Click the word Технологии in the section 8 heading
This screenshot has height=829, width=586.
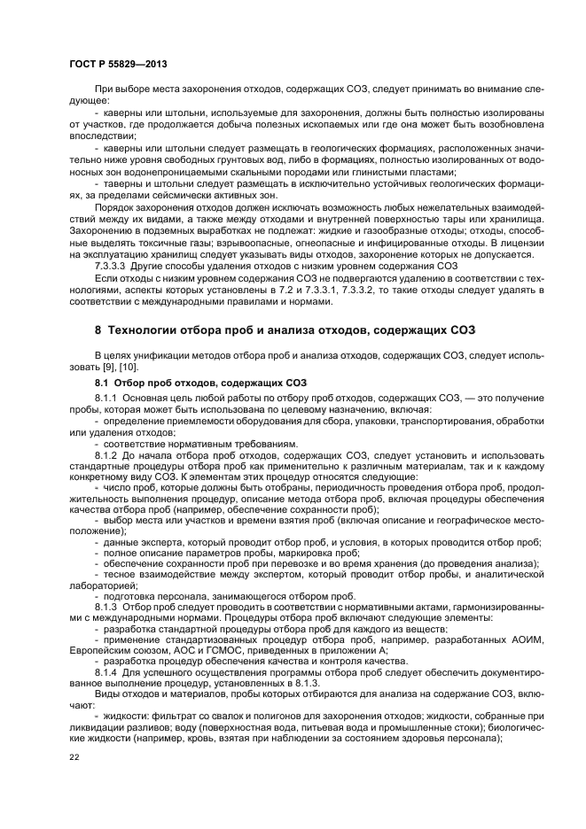[148, 330]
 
